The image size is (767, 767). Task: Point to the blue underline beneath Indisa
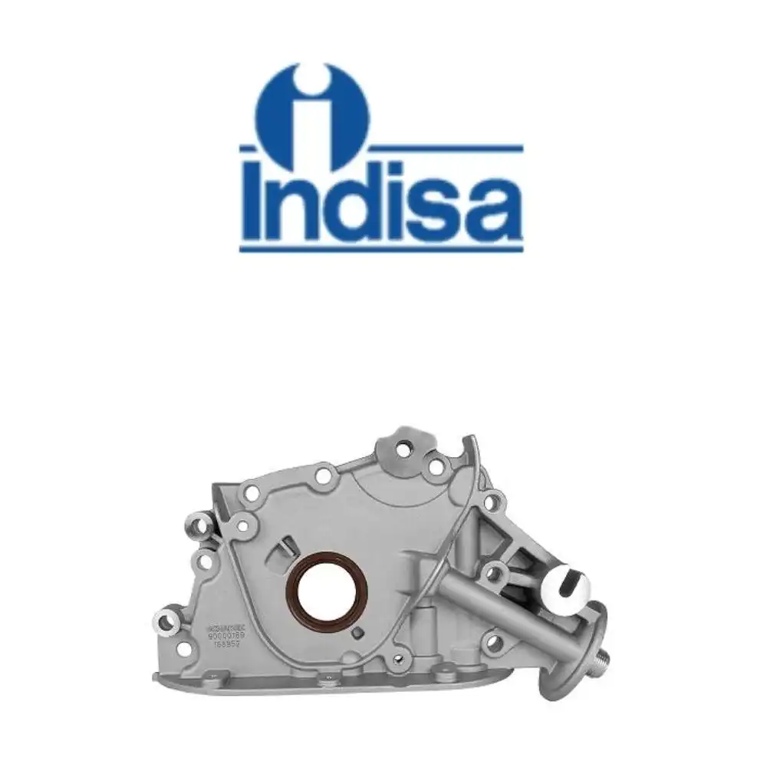[x=381, y=247]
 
